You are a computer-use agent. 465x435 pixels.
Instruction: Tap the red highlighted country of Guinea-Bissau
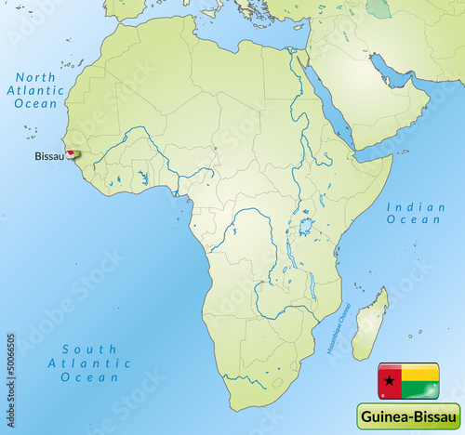pos(71,155)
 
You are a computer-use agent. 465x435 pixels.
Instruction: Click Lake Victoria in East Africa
pos(305,226)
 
